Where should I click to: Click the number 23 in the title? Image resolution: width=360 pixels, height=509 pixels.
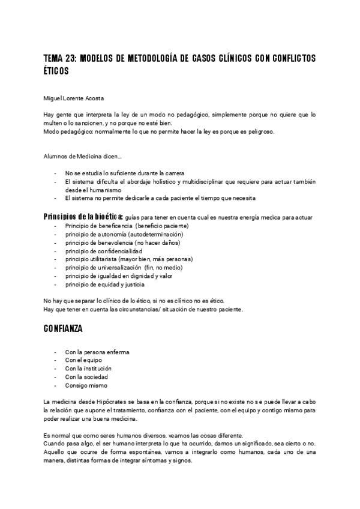point(71,58)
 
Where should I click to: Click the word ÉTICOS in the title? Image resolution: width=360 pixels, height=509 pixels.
point(56,71)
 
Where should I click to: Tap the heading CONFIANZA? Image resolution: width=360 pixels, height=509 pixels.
point(63,329)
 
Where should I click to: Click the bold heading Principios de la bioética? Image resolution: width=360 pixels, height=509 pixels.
point(83,217)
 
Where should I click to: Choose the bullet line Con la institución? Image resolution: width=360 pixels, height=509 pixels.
point(89,369)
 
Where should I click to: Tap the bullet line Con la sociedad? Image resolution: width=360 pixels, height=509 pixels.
point(87,377)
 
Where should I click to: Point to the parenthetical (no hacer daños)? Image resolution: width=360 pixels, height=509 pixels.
point(141,242)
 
